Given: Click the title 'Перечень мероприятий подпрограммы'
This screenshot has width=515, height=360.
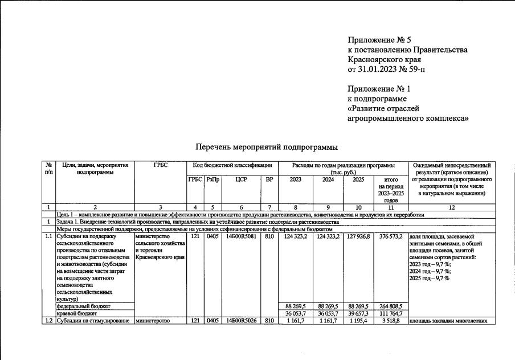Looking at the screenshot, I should coord(263,147).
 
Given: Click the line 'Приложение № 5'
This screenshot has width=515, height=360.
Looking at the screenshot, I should coord(379,40).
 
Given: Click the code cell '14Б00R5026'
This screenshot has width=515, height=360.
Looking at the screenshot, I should coord(241,321).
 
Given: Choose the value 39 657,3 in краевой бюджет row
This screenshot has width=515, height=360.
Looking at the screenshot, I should coord(358,313).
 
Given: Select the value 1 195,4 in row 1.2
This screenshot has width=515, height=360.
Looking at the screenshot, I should coord(359,321).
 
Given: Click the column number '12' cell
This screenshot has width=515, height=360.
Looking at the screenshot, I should coord(451,207).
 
